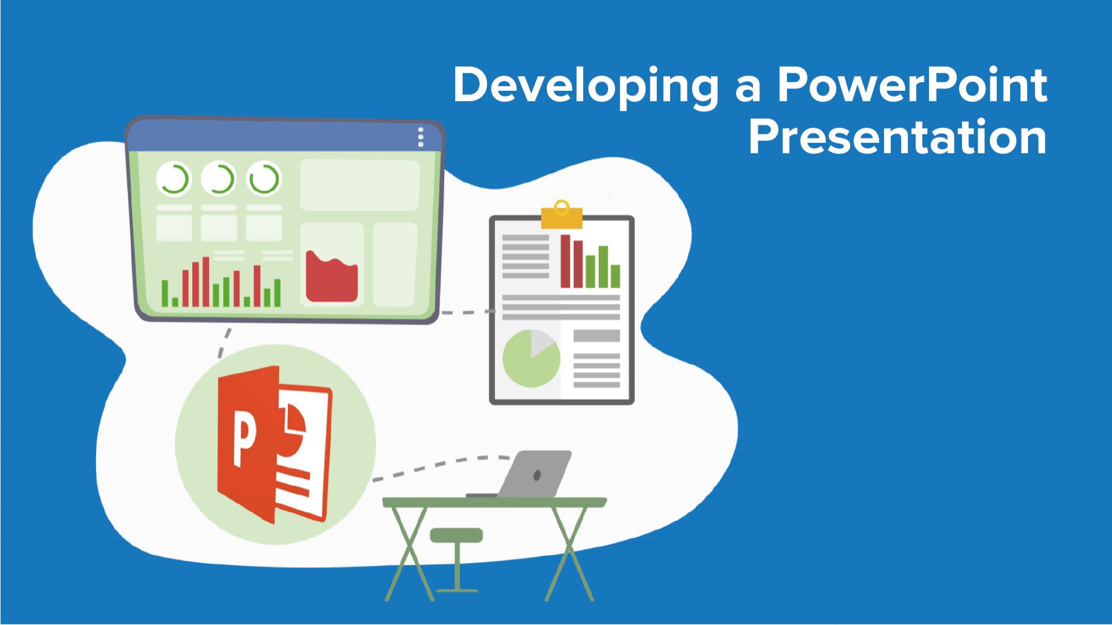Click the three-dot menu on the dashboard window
click(x=420, y=137)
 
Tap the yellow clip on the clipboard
click(x=560, y=215)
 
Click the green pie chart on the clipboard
click(x=531, y=359)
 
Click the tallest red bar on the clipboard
click(x=565, y=261)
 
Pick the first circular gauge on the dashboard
click(x=173, y=179)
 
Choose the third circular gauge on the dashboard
click(x=264, y=179)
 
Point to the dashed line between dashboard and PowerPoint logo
click(x=224, y=343)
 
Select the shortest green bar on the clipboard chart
click(x=615, y=276)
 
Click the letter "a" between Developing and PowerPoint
click(x=747, y=90)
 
